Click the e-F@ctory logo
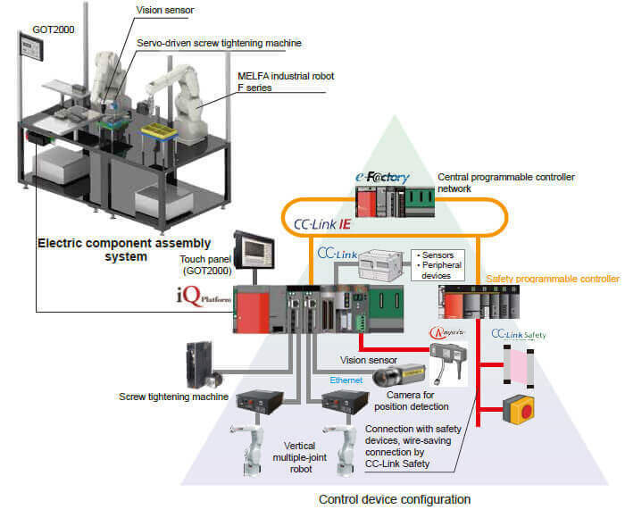click(x=383, y=178)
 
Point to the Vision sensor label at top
click(x=166, y=10)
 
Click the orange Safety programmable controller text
click(x=552, y=280)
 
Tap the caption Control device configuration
click(x=395, y=499)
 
